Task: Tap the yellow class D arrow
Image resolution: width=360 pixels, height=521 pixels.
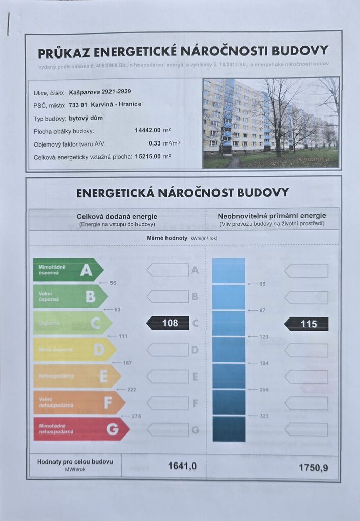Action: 74,350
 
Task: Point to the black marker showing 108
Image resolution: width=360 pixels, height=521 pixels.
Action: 168,323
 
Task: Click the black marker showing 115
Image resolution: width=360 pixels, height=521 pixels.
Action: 307,324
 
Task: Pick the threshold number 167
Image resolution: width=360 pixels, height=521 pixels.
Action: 127,363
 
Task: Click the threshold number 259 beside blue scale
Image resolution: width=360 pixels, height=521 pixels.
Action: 263,389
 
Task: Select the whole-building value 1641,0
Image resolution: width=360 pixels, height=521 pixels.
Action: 182,466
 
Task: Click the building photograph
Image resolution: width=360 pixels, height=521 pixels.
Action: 271,123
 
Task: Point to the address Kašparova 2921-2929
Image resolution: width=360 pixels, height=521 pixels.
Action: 100,92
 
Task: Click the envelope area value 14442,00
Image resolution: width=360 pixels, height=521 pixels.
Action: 148,131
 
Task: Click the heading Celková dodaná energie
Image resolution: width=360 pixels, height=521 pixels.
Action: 117,216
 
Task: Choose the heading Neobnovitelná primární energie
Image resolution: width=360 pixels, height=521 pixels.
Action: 272,216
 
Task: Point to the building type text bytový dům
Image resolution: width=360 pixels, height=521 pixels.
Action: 85,118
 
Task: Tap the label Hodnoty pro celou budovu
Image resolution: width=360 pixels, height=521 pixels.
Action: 75,462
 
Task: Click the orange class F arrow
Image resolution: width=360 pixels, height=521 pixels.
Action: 78,402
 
